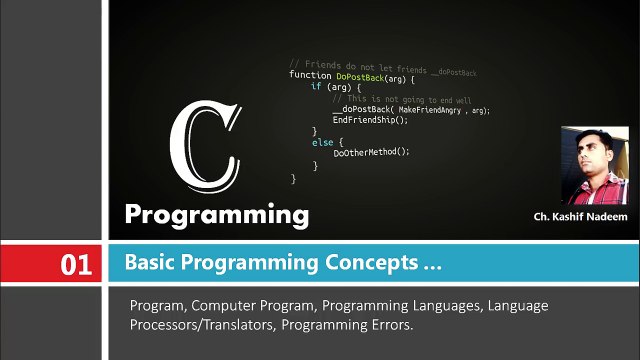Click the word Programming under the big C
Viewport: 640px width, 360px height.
pos(216,214)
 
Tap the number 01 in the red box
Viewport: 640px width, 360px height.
pos(76,265)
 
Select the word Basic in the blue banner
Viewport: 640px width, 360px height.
pos(149,264)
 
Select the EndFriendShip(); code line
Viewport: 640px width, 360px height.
pos(371,119)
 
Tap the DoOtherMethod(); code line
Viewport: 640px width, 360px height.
pos(372,152)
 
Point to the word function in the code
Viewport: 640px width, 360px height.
pos(311,75)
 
